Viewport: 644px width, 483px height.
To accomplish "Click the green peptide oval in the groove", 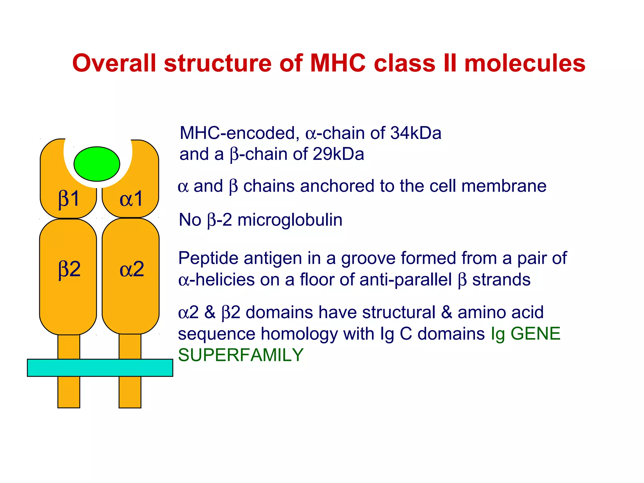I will [x=97, y=164].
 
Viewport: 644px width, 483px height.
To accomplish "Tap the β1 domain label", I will [x=69, y=199].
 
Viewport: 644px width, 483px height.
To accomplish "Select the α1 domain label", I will [x=131, y=199].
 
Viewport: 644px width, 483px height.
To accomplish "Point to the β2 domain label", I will [x=69, y=269].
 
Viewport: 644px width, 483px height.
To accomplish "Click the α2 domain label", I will [x=132, y=269].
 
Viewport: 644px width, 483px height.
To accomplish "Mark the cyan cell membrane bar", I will [x=100, y=368].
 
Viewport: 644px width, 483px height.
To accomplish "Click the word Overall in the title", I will [x=114, y=63].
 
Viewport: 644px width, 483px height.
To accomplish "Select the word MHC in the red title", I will [x=338, y=63].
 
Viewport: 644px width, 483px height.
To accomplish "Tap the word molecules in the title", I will [x=525, y=63].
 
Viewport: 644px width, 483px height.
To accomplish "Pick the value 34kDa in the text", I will [x=416, y=133].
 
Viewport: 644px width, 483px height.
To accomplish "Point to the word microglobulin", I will [x=290, y=220].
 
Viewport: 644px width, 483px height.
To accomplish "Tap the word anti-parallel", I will [x=406, y=280].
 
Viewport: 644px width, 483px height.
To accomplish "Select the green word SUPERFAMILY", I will [x=241, y=355].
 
